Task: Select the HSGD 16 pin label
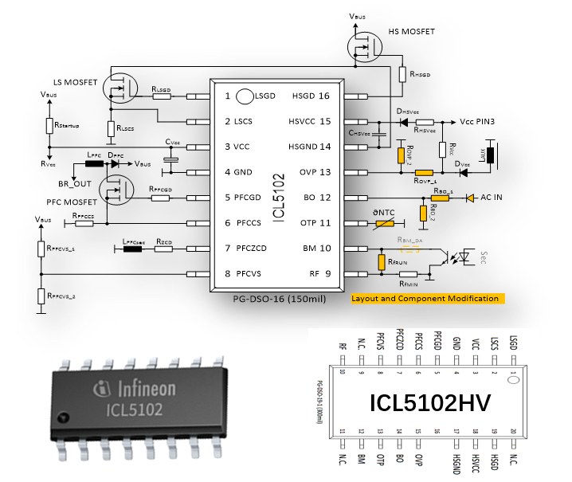point(310,96)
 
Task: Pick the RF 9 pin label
point(317,273)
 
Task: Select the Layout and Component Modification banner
point(425,298)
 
